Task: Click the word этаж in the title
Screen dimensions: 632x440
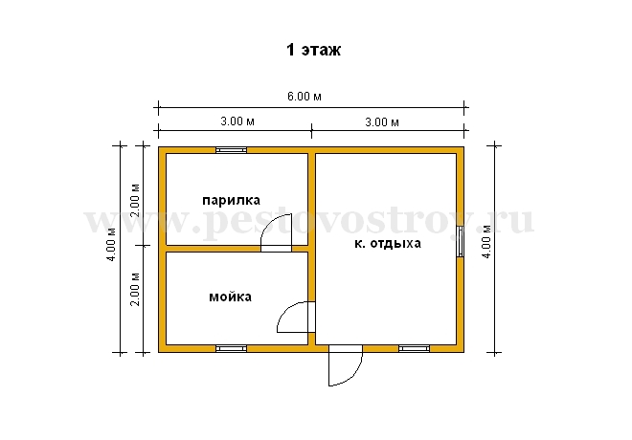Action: point(321,51)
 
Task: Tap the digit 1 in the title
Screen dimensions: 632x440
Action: point(290,50)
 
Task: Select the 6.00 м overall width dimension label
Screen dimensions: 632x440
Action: point(305,97)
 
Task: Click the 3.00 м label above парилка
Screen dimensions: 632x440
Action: point(237,121)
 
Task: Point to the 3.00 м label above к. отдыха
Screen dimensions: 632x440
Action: point(382,122)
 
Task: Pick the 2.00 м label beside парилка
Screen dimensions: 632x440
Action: point(135,201)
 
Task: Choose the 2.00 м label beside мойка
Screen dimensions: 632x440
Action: point(135,290)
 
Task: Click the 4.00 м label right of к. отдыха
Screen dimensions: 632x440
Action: point(486,242)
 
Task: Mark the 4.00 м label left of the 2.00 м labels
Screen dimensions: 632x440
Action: point(112,244)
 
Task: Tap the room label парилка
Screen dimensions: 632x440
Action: point(231,201)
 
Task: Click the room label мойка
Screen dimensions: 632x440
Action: point(230,297)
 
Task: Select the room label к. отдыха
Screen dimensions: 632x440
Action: point(388,244)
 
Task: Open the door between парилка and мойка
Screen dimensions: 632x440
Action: point(276,233)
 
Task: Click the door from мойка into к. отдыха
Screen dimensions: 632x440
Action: point(296,318)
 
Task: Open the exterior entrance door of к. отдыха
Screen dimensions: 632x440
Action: point(346,365)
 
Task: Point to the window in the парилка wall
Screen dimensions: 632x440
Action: point(231,150)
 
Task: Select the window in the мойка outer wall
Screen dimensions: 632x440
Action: point(231,348)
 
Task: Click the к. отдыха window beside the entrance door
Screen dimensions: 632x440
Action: point(414,348)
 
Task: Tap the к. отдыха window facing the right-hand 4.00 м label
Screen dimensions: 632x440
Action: point(460,241)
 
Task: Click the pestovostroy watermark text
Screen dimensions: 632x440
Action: point(308,221)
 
